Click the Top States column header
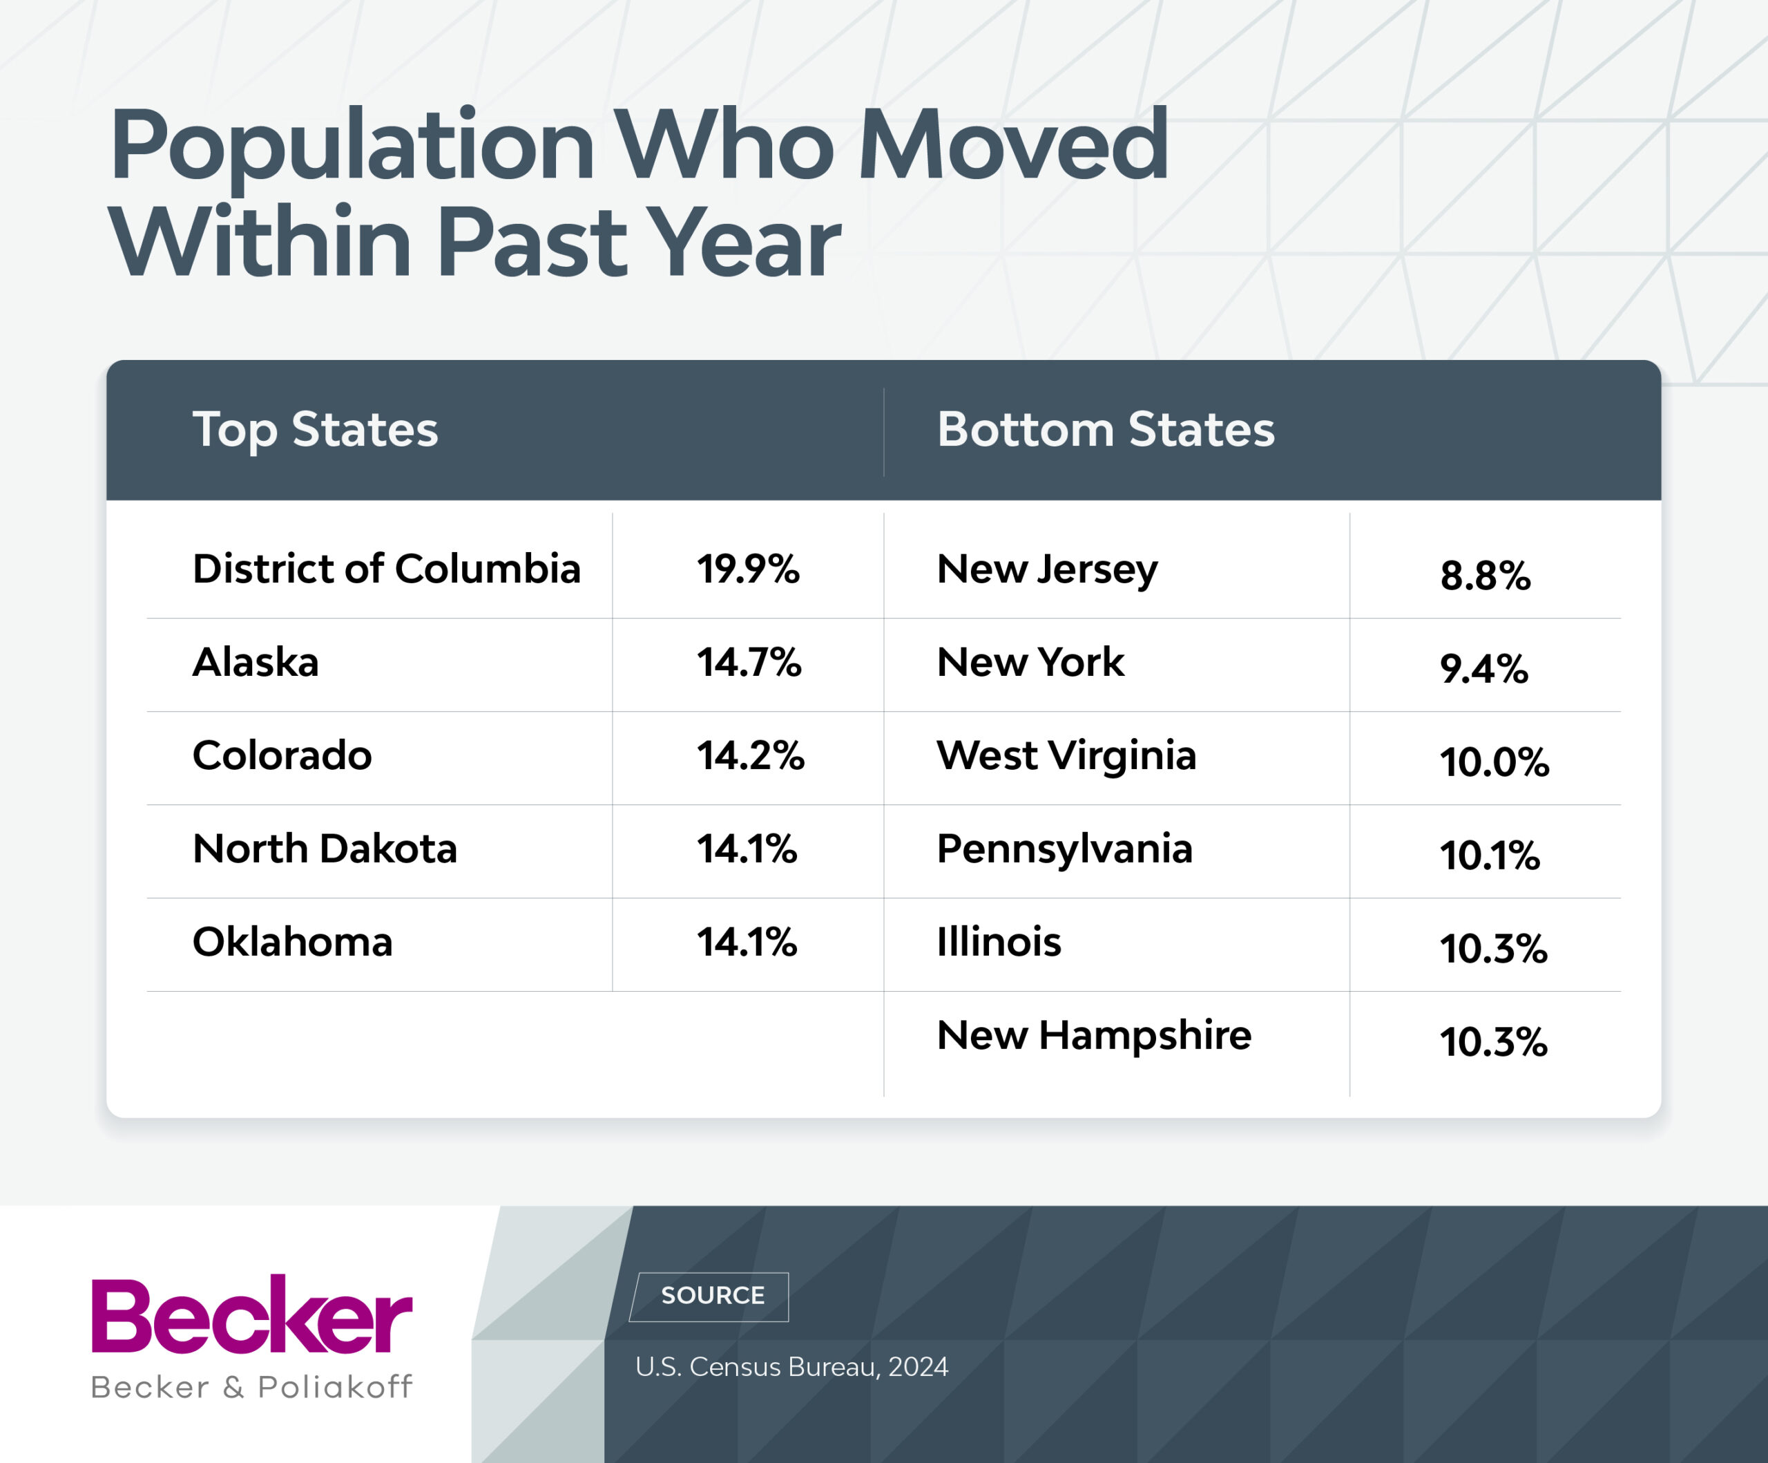pyautogui.click(x=315, y=430)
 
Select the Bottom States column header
pyautogui.click(x=1106, y=430)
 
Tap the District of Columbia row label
pyautogui.click(x=387, y=569)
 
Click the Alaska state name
pyautogui.click(x=256, y=662)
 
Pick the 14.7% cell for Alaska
pyautogui.click(x=749, y=662)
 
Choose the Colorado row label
pyautogui.click(x=282, y=755)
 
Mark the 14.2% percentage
pyautogui.click(x=750, y=755)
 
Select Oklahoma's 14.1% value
pyautogui.click(x=747, y=942)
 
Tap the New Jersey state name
pyautogui.click(x=1047, y=570)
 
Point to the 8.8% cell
pyautogui.click(x=1485, y=576)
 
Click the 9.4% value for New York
pyautogui.click(x=1483, y=670)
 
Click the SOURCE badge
pyautogui.click(x=711, y=1295)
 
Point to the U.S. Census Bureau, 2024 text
pyautogui.click(x=791, y=1366)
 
